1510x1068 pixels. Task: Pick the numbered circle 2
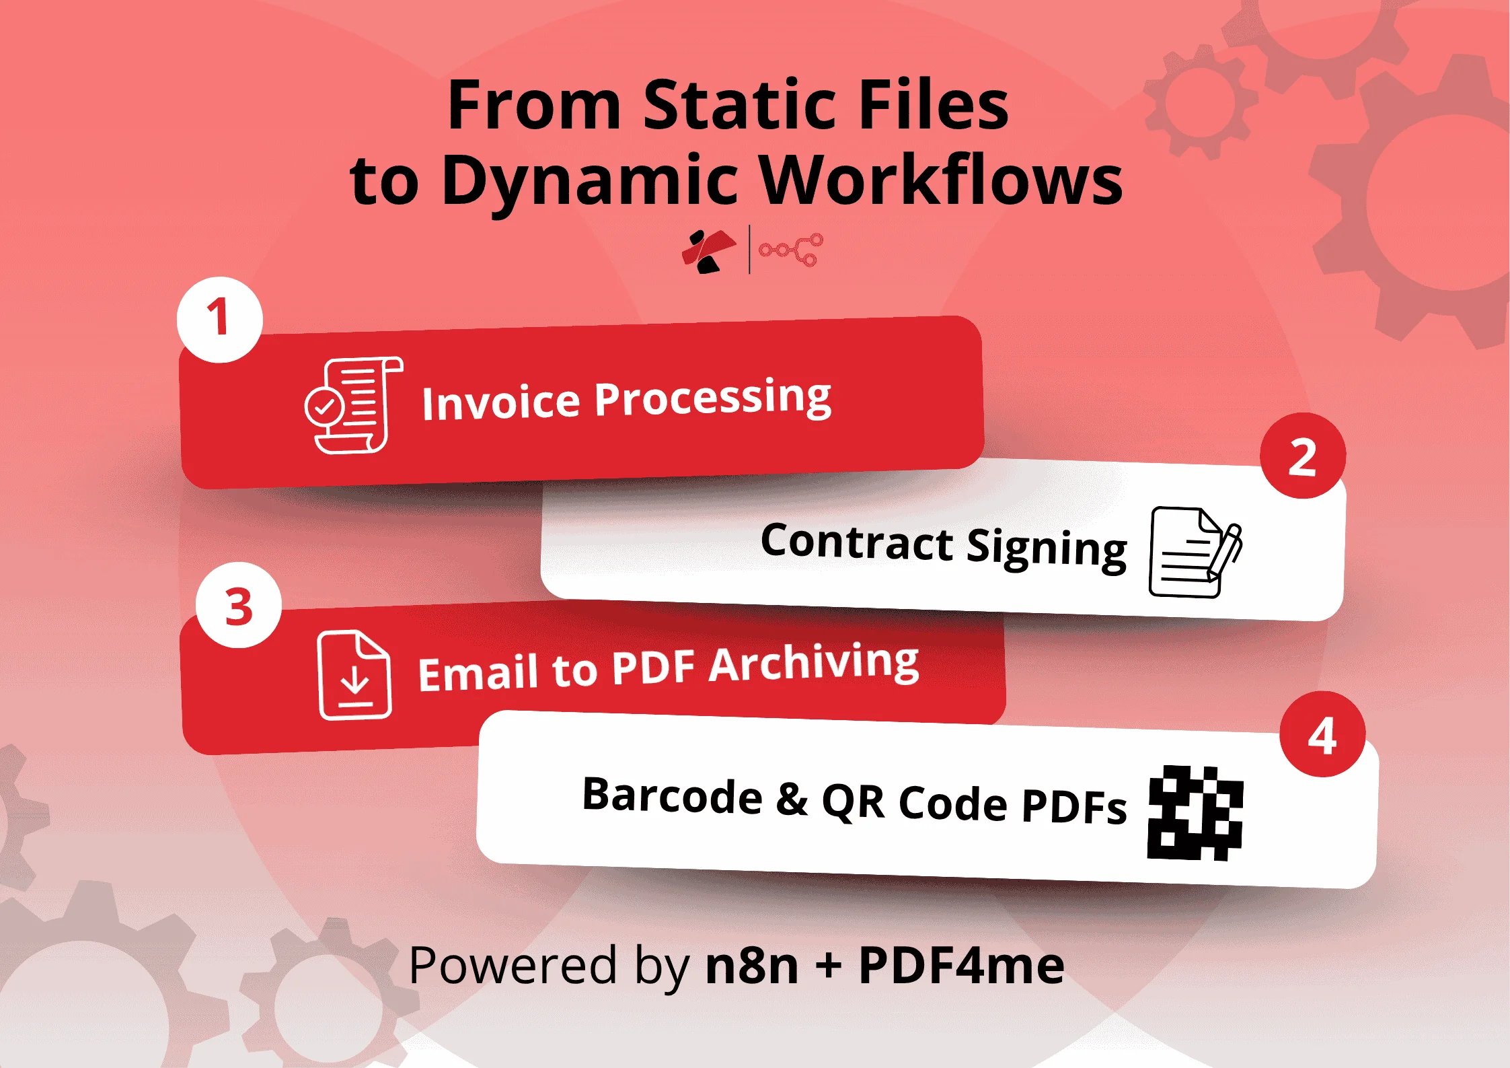[x=1302, y=457]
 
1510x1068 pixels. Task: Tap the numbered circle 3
[x=239, y=606]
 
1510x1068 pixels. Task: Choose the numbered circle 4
[x=1322, y=735]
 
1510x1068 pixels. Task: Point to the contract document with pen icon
[x=1194, y=552]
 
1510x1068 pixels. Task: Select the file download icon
[x=354, y=675]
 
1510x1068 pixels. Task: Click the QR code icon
[x=1195, y=813]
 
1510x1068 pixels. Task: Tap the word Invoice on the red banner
[x=500, y=402]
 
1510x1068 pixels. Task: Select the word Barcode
[x=672, y=795]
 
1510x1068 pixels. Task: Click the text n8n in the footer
[x=751, y=965]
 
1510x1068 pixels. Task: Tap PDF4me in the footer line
[x=961, y=965]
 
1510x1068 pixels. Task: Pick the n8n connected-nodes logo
[x=790, y=250]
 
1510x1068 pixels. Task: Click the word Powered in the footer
[x=513, y=965]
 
